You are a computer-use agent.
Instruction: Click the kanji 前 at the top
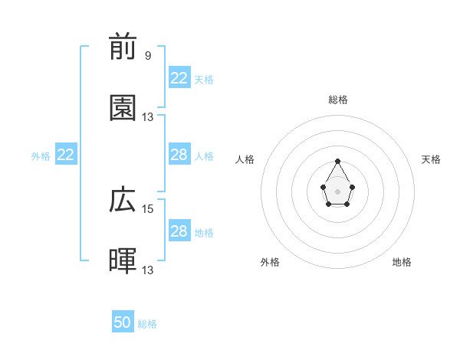point(123,47)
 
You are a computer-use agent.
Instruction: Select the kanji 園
point(123,108)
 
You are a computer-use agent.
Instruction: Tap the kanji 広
point(123,201)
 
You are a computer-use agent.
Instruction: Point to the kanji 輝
point(123,261)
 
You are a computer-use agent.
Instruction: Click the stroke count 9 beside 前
point(148,56)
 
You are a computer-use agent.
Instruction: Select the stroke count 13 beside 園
point(148,116)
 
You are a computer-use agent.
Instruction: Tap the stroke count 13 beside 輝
point(148,270)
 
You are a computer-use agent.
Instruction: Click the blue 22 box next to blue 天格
point(179,78)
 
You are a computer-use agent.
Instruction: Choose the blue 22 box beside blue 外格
point(66,155)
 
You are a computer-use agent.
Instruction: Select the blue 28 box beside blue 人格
point(179,155)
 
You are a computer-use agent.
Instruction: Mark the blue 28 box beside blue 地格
point(179,231)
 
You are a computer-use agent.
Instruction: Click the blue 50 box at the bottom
point(123,322)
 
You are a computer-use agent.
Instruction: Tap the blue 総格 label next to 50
point(147,324)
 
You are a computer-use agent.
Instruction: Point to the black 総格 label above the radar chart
point(338,100)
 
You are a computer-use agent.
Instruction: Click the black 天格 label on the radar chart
point(432,159)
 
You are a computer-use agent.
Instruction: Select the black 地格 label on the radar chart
point(402,262)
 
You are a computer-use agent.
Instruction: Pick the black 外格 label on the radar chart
point(270,262)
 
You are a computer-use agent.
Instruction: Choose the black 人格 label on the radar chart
point(245,159)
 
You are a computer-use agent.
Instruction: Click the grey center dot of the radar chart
point(337,190)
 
